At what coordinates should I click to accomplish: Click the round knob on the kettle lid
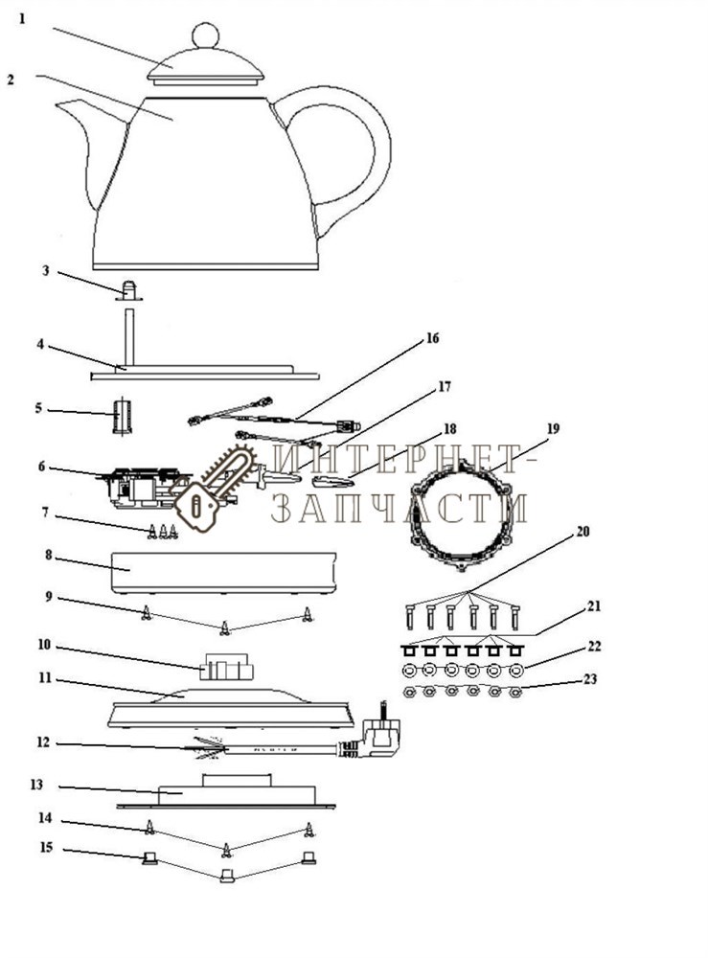coord(205,35)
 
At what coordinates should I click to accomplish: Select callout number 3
coord(45,271)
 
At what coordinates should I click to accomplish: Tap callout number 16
coord(432,338)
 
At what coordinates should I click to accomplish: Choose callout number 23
coord(590,679)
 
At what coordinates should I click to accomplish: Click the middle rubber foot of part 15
coord(226,875)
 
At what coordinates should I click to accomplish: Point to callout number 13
coord(37,785)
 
